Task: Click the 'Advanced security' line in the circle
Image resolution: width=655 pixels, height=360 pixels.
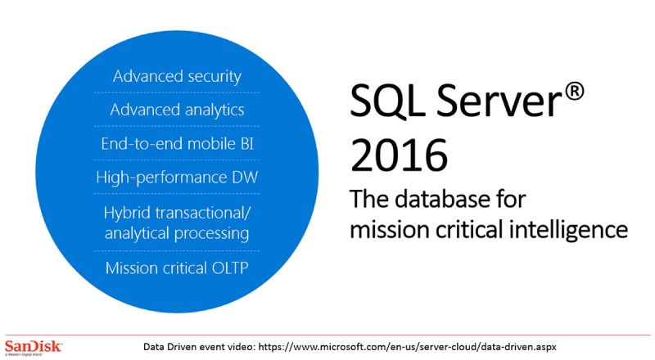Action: pyautogui.click(x=177, y=76)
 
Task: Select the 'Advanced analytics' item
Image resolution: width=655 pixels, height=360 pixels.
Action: pyautogui.click(x=177, y=110)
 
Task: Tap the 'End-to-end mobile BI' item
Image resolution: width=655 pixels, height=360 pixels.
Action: pyautogui.click(x=177, y=143)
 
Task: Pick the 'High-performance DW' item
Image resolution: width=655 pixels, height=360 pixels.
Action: pyautogui.click(x=177, y=177)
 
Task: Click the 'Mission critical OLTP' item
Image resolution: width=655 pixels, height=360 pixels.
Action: pyautogui.click(x=177, y=268)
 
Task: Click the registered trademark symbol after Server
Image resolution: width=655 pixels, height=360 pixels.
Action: pyautogui.click(x=574, y=91)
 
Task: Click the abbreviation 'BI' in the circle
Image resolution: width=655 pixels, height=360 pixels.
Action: pyautogui.click(x=242, y=143)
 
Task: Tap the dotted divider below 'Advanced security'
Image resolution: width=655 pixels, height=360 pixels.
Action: pyautogui.click(x=177, y=92)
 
